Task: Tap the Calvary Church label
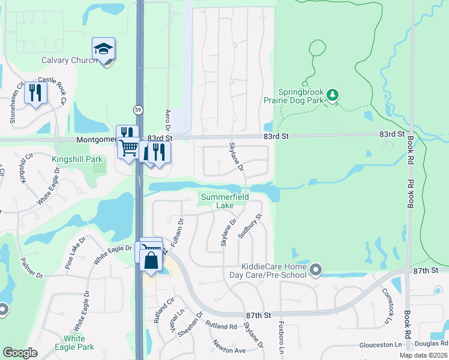coord(69,60)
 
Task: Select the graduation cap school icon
coord(103,49)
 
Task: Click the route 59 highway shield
coord(137,109)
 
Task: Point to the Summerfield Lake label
coord(224,201)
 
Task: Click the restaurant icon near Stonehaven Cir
coord(35,93)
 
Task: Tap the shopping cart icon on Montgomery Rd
coord(128,148)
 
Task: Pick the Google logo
coord(20,353)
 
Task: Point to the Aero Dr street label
coord(169,120)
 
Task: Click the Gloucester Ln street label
coord(381,345)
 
